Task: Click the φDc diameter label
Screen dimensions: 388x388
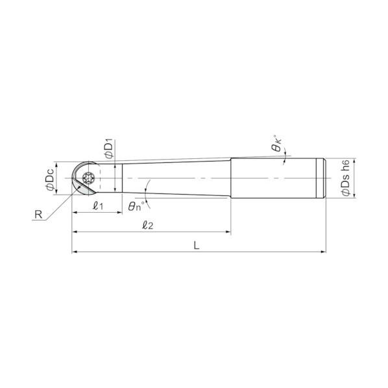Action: [50, 179]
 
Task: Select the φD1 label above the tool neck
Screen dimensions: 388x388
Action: [109, 149]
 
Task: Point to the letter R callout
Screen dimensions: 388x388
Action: [38, 215]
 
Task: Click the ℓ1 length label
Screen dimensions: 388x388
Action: [98, 206]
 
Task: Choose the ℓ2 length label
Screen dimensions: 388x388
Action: [147, 225]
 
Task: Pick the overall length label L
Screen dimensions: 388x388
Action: [196, 245]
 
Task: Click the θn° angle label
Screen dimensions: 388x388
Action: [136, 206]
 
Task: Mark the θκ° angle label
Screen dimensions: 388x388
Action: [277, 143]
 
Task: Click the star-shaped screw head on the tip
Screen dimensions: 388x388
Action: [89, 178]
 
